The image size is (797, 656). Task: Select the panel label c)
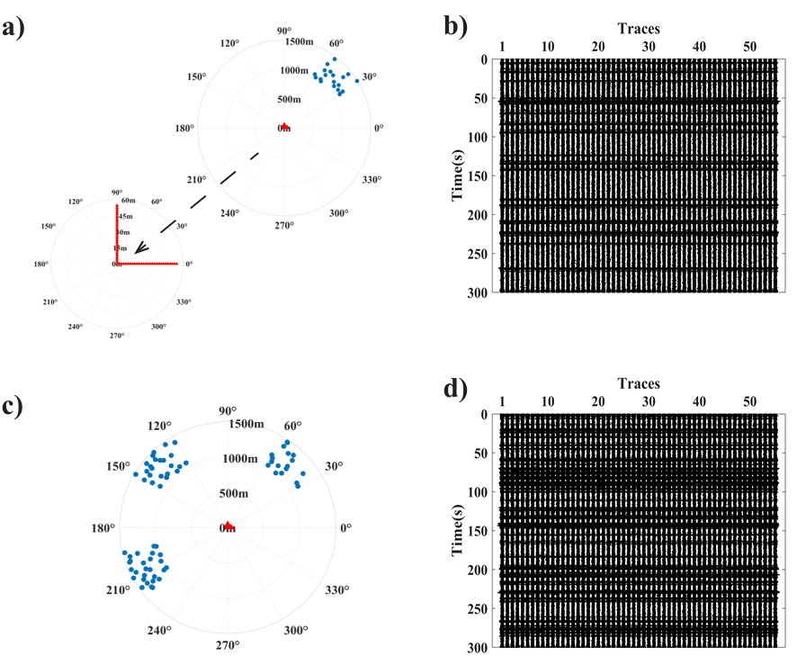pyautogui.click(x=23, y=406)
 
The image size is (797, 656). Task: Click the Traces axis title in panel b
pyautogui.click(x=639, y=29)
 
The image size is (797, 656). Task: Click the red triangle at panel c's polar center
pyautogui.click(x=228, y=525)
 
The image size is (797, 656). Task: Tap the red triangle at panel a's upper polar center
pyautogui.click(x=285, y=127)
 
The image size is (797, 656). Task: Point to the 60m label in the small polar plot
pyautogui.click(x=128, y=201)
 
